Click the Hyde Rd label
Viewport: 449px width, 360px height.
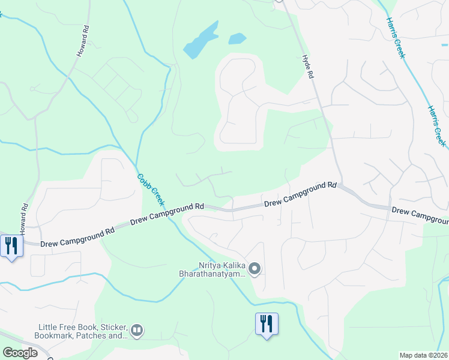[x=307, y=66]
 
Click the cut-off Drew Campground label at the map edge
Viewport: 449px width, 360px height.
[x=420, y=214]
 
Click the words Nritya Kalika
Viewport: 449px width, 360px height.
[x=222, y=265]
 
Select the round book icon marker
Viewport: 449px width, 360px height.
[x=137, y=330]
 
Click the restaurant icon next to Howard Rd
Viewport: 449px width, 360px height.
[x=11, y=246]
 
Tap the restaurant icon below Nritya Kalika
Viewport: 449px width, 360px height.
[x=267, y=324]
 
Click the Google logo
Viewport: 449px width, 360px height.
[x=20, y=353]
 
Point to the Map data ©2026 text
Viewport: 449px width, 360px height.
[x=424, y=355]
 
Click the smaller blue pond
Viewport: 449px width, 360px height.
[x=237, y=39]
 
